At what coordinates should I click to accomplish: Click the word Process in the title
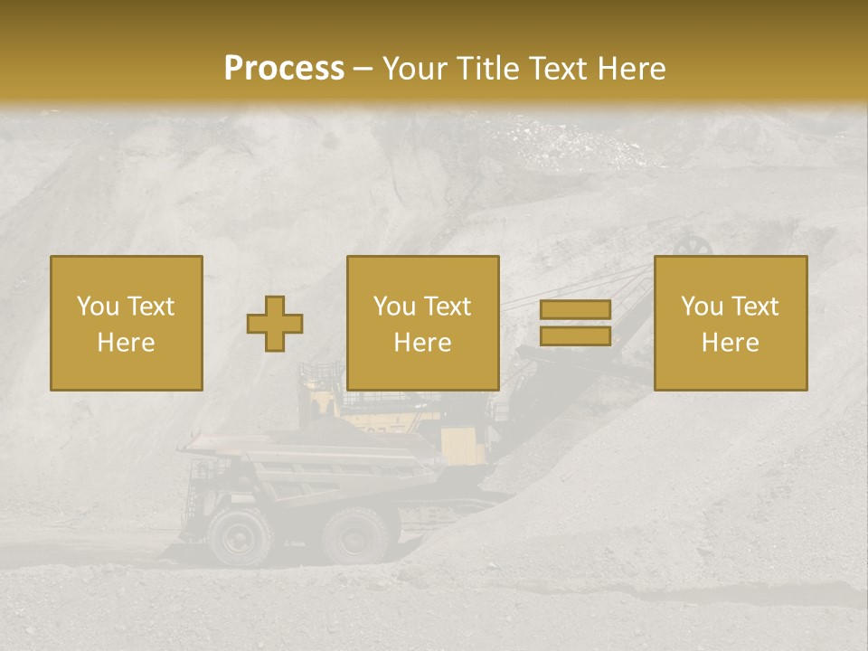click(284, 69)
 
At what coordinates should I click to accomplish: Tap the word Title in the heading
click(489, 69)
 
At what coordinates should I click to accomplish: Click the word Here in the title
click(632, 69)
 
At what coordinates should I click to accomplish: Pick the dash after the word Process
click(363, 70)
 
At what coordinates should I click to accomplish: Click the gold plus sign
click(275, 324)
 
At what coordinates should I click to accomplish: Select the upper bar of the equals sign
click(575, 310)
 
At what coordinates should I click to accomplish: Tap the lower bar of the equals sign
click(575, 335)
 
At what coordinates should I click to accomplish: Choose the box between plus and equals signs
click(422, 323)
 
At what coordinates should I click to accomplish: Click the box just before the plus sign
click(126, 323)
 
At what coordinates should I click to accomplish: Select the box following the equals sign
click(730, 323)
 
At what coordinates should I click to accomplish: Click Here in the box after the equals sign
click(730, 343)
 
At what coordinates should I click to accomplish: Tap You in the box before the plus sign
click(97, 307)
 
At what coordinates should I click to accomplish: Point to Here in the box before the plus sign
click(126, 343)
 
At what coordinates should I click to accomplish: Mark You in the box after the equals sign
click(701, 307)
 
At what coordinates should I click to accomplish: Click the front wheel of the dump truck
click(239, 535)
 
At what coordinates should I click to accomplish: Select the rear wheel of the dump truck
click(355, 535)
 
